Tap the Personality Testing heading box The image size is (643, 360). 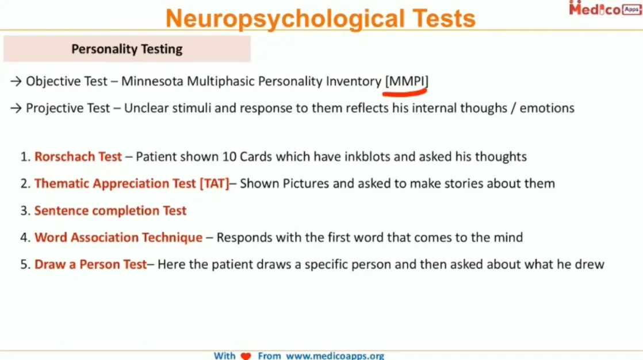[x=127, y=49]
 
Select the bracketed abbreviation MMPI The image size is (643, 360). [x=407, y=81]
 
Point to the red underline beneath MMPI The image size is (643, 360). [x=407, y=90]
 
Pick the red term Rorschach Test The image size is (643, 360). [x=78, y=156]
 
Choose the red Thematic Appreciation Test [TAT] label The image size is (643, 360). [x=132, y=183]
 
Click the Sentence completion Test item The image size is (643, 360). [x=110, y=210]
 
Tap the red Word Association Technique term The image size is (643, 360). [x=118, y=238]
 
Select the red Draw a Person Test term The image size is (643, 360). [x=91, y=265]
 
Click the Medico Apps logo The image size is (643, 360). [x=604, y=9]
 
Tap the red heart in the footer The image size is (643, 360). [x=246, y=356]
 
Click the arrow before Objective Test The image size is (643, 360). [x=16, y=82]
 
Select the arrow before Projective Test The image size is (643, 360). [x=16, y=108]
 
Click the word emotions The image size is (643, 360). [x=547, y=108]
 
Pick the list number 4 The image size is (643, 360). [x=24, y=238]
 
